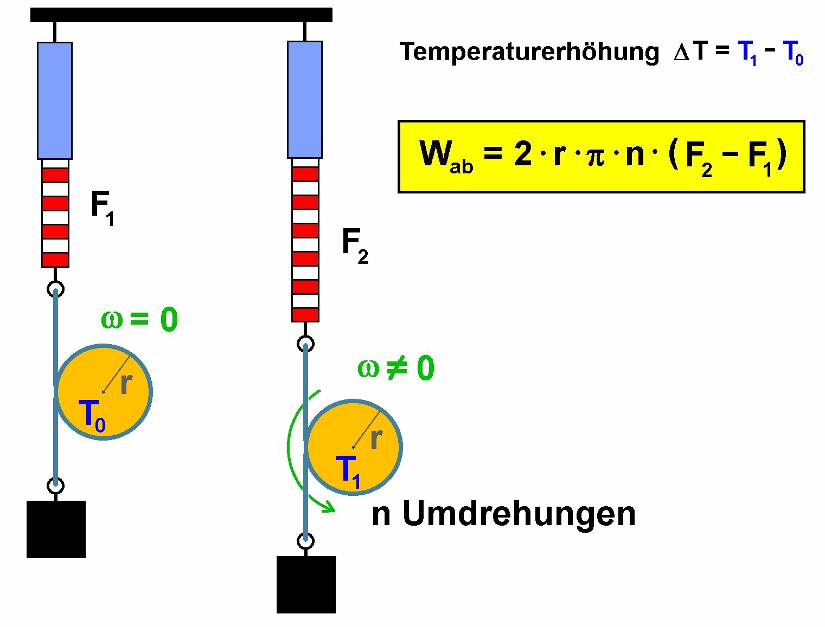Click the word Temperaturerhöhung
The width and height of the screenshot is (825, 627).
[x=529, y=53]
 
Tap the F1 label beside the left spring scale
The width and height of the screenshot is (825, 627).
[x=103, y=208]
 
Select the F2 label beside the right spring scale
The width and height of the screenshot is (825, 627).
[x=355, y=246]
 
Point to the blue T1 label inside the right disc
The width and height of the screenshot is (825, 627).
[x=348, y=472]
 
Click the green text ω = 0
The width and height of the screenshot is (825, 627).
[x=139, y=320]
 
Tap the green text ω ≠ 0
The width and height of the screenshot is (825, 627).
[x=396, y=368]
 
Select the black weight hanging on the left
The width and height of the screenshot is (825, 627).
[x=56, y=529]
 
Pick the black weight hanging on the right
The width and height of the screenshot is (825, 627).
[x=306, y=585]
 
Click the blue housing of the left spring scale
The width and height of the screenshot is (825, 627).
[x=55, y=101]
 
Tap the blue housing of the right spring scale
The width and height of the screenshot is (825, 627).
[x=305, y=100]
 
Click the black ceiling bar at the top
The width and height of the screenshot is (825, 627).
[x=181, y=15]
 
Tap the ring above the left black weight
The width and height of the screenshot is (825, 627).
[x=56, y=486]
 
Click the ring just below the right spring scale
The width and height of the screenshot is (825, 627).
[x=305, y=344]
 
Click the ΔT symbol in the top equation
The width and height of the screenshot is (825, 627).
[x=690, y=52]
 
